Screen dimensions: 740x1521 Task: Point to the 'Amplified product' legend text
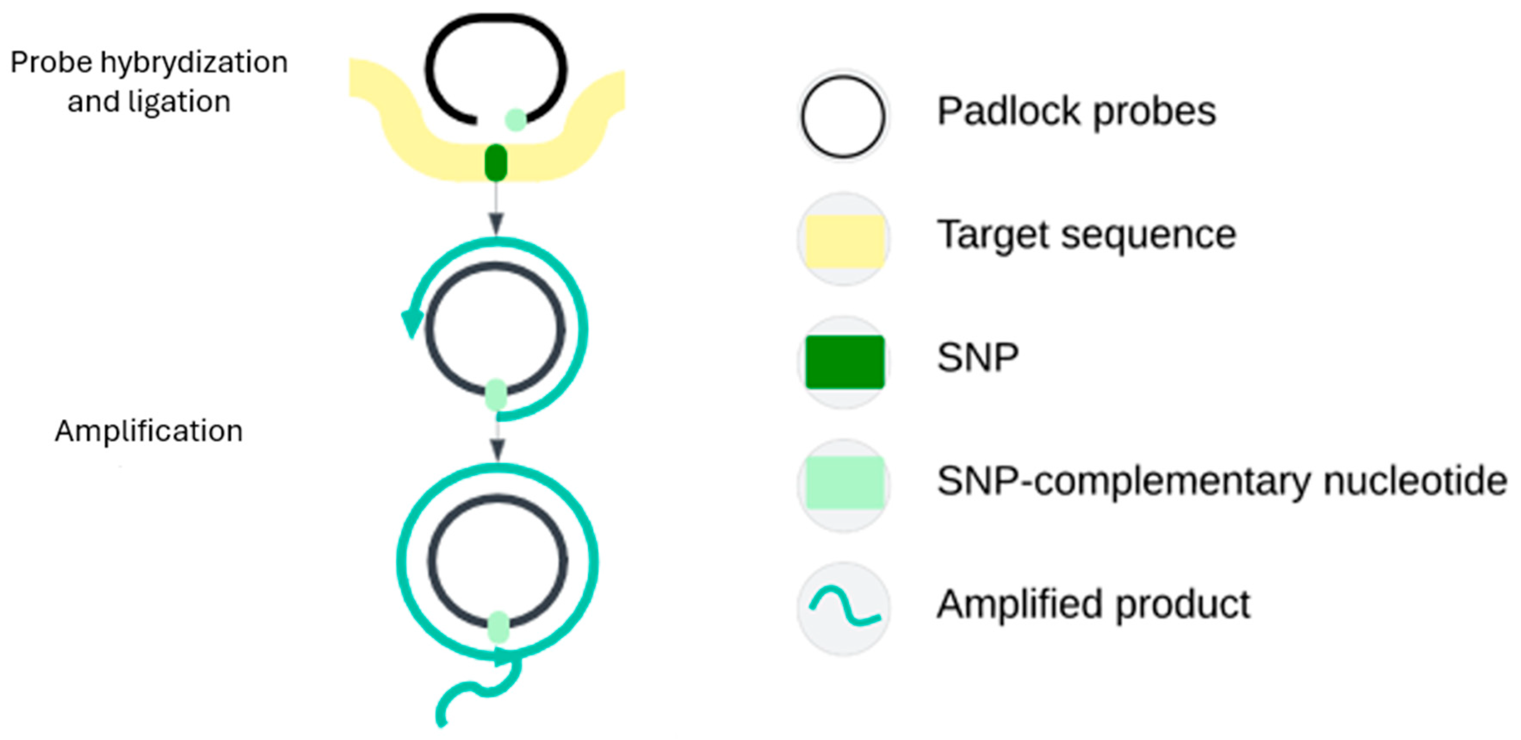(1094, 604)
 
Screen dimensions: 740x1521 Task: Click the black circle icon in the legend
(843, 116)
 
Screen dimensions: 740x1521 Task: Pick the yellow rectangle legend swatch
(844, 240)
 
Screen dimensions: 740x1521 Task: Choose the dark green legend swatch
(844, 362)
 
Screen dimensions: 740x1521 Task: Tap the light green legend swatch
(844, 482)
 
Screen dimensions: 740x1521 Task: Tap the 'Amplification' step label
(149, 431)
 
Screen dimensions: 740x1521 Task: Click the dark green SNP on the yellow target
(496, 162)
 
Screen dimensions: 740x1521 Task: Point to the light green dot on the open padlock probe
(515, 120)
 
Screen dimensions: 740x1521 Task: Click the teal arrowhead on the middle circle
(412, 323)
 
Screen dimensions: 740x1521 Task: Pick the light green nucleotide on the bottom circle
(499, 627)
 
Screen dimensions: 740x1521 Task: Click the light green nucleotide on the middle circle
(496, 395)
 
